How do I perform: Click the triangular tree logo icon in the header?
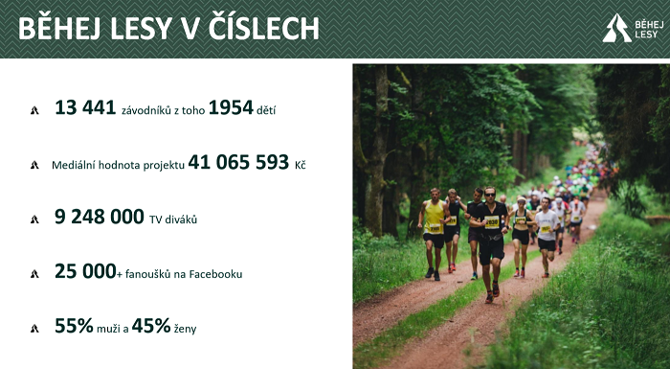click(615, 28)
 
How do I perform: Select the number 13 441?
click(85, 109)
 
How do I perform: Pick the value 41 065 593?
click(238, 163)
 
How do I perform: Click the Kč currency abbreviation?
click(300, 165)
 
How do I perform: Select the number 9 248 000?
click(100, 218)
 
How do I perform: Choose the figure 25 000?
click(85, 272)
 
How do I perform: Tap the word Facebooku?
click(218, 274)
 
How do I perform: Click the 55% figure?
click(74, 326)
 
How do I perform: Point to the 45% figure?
click(151, 326)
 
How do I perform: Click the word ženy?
click(185, 329)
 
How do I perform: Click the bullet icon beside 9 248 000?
click(34, 219)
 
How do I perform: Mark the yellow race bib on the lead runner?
click(492, 222)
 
